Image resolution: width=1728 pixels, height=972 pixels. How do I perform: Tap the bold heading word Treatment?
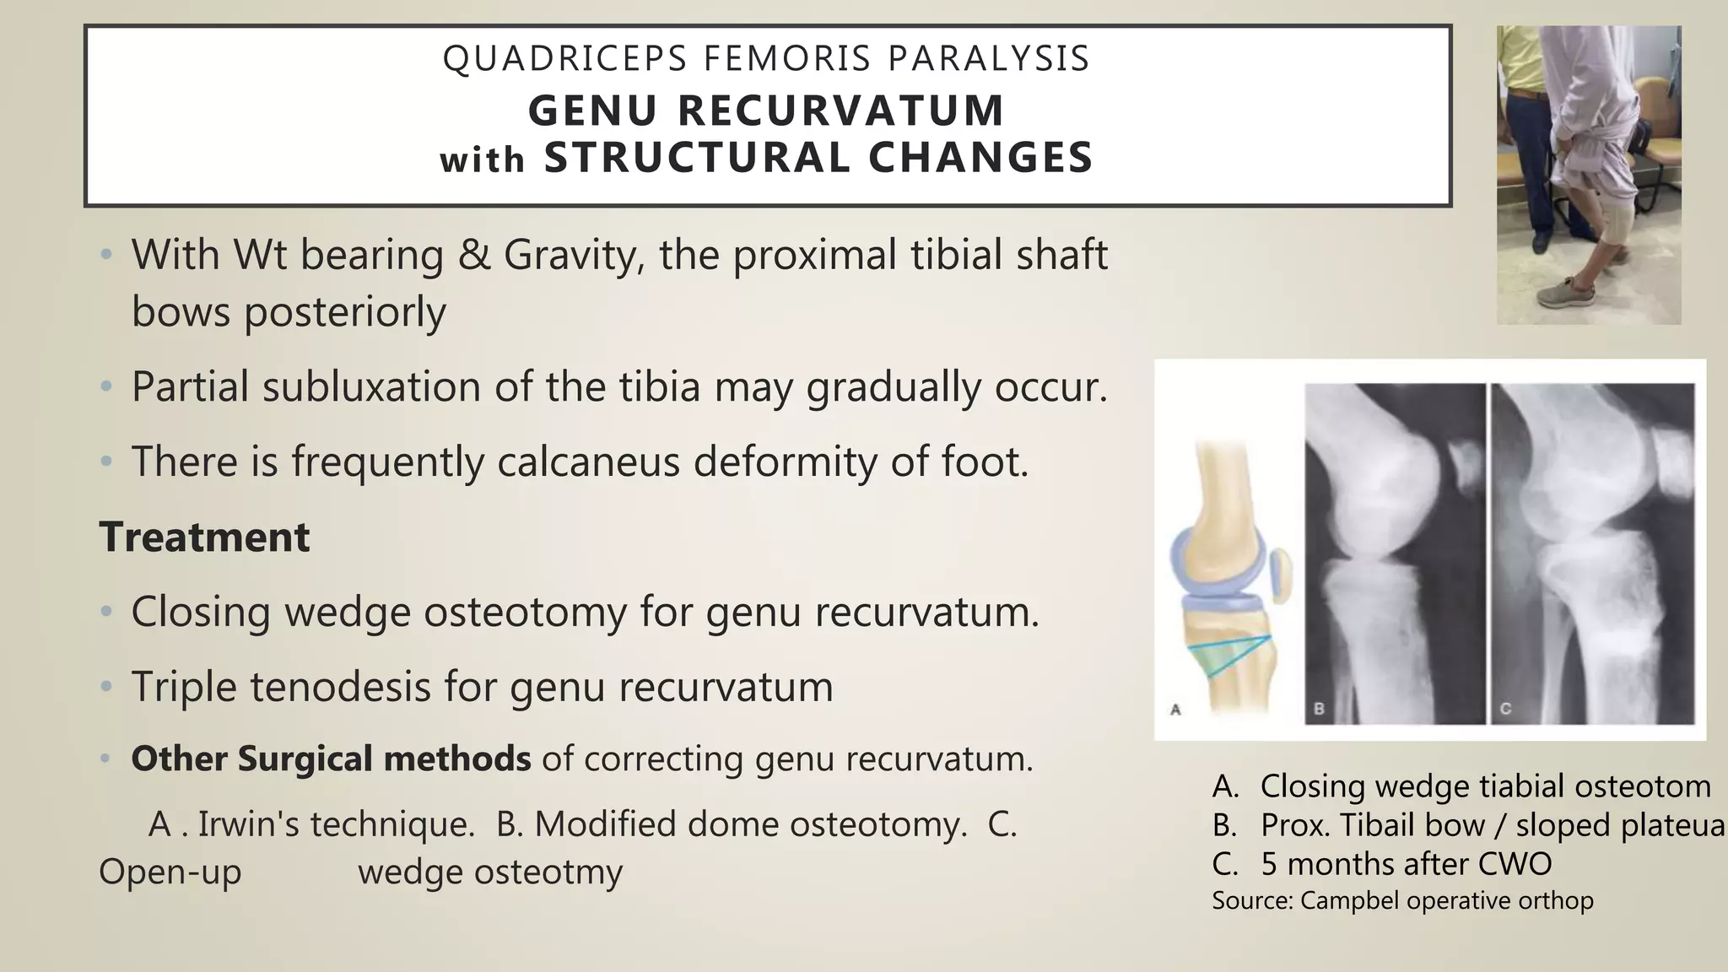click(205, 537)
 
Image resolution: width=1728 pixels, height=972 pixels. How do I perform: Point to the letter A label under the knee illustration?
click(1175, 710)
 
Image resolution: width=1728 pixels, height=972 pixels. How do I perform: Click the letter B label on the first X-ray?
click(1320, 710)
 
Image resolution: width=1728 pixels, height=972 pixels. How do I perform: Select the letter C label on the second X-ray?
click(1505, 710)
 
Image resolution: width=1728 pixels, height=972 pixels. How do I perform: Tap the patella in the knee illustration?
click(1280, 575)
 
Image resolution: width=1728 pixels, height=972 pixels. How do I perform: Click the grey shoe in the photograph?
click(1571, 294)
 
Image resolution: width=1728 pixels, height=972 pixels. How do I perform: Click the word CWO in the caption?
click(1519, 864)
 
